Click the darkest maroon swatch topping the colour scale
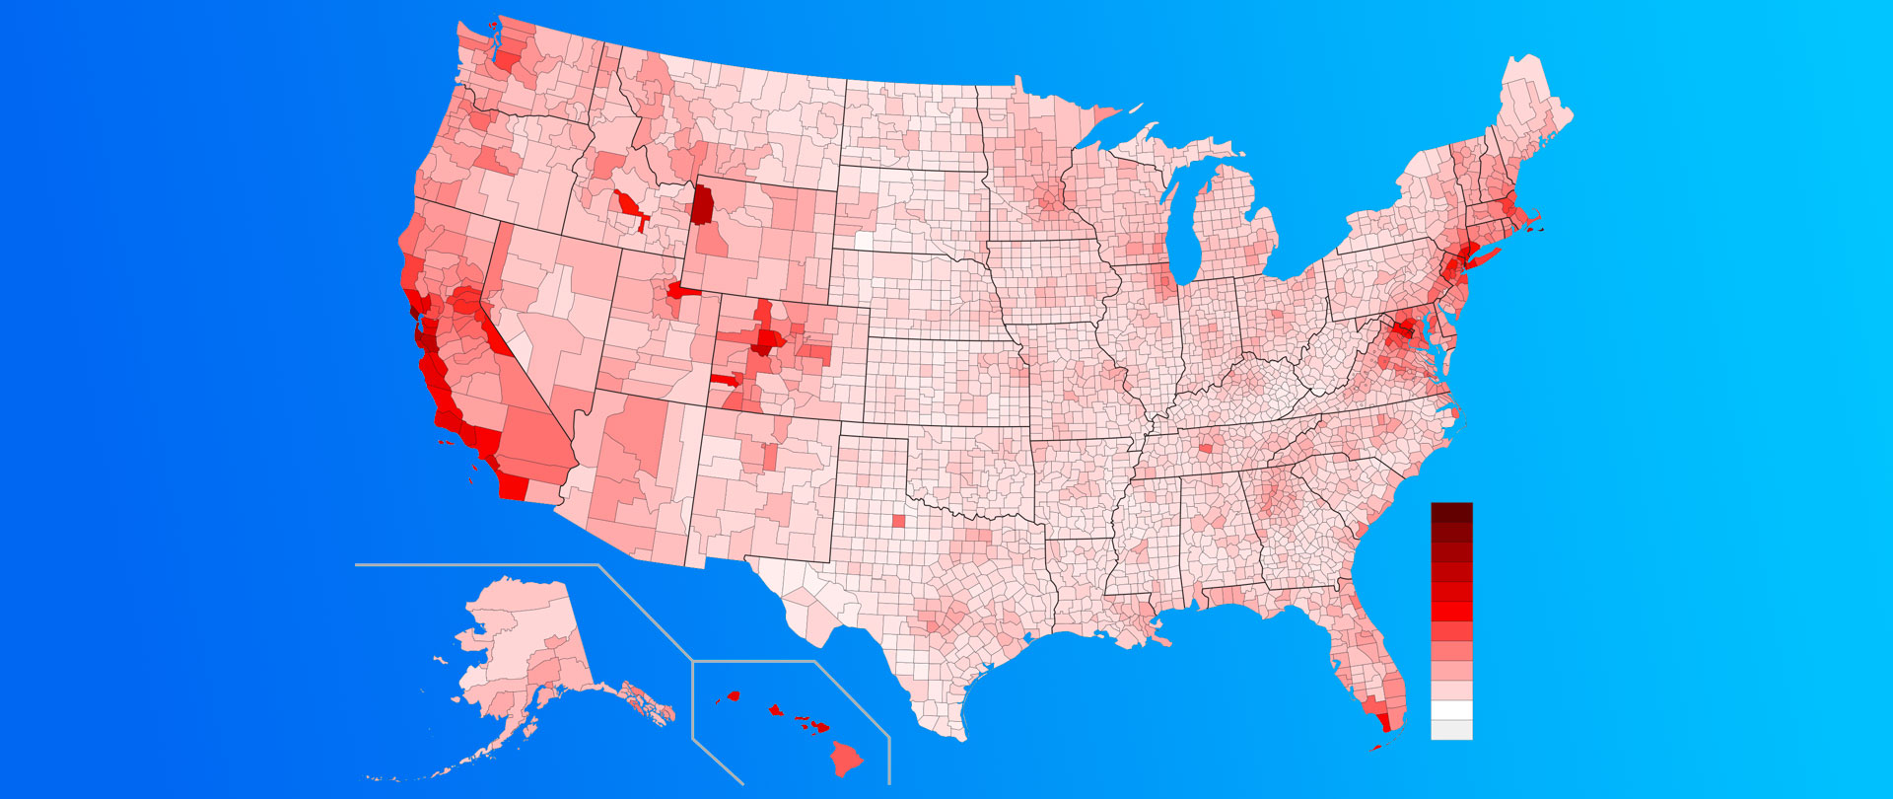click(x=1451, y=512)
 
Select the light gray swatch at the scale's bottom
click(x=1451, y=730)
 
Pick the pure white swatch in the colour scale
click(x=1451, y=710)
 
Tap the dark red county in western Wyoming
click(x=703, y=204)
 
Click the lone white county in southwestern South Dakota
click(x=864, y=240)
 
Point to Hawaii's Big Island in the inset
click(x=846, y=758)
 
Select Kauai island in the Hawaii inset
click(x=733, y=695)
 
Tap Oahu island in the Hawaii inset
click(x=775, y=708)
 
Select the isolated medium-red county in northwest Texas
click(x=897, y=521)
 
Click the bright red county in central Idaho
click(x=627, y=206)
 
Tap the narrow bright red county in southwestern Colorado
click(x=725, y=379)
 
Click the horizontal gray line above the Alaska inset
click(x=473, y=565)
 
